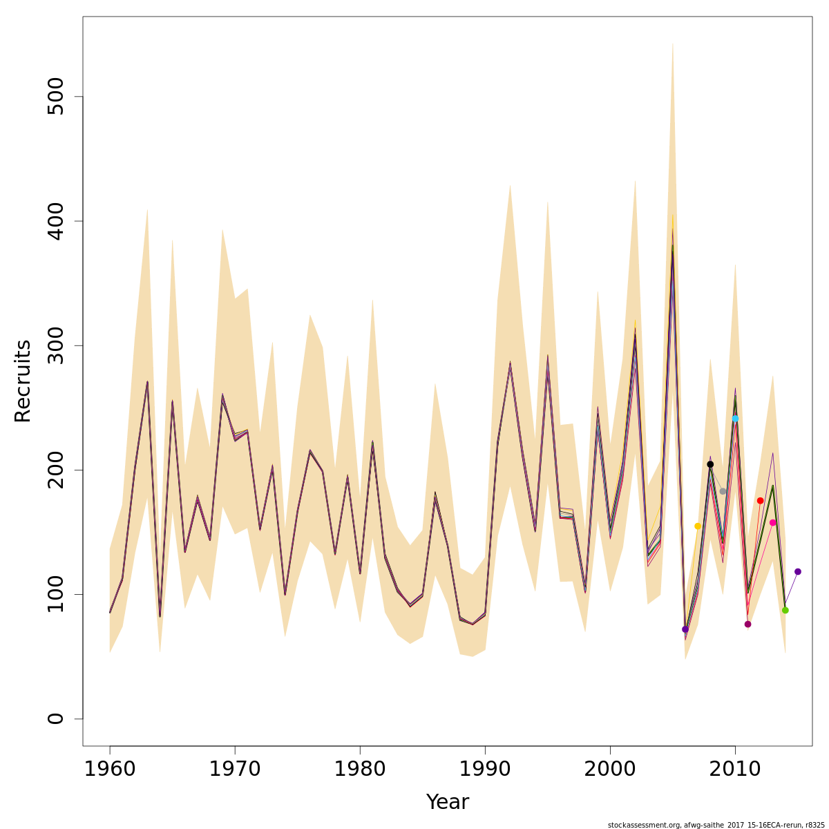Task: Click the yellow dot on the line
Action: coord(698,526)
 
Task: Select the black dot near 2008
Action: coord(710,464)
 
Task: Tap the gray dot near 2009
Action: coord(723,491)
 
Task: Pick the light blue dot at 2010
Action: coord(735,419)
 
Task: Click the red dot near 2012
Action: coord(760,501)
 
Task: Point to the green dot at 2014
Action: coord(785,610)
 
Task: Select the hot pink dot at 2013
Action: coord(772,523)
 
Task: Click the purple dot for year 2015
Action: coord(798,571)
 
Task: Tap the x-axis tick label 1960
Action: coord(110,769)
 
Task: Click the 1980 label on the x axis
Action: coord(360,769)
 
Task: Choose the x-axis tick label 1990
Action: coord(485,769)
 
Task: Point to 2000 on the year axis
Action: coord(610,769)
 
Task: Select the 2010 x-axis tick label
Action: coord(735,769)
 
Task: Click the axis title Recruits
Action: coord(23,381)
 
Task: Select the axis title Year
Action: coord(448,802)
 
